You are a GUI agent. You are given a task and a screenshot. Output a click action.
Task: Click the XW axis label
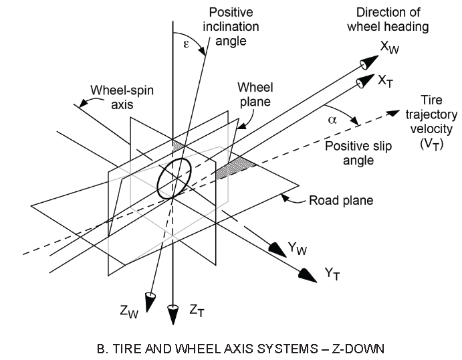[x=390, y=48]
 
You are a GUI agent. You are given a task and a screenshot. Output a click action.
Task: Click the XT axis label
[x=385, y=81]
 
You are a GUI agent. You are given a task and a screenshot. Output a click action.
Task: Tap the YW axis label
[x=298, y=248]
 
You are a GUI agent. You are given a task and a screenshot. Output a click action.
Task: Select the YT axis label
[x=332, y=274]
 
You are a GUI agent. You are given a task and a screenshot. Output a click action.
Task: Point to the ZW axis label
[x=129, y=311]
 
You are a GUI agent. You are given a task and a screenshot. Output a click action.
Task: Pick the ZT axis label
[x=197, y=310]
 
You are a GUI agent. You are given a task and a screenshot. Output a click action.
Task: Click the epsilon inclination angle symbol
[x=186, y=44]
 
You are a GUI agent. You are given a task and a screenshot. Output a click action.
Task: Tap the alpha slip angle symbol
[x=332, y=120]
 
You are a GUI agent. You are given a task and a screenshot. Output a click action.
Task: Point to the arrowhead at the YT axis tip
[x=308, y=276]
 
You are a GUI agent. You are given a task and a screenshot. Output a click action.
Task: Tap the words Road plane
[x=341, y=201]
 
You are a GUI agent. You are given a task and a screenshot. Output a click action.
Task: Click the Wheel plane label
[x=255, y=94]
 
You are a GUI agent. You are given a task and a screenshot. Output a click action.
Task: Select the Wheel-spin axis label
[x=122, y=97]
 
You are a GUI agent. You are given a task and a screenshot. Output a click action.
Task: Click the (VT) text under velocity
[x=432, y=144]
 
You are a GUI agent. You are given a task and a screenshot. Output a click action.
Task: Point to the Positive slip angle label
[x=358, y=153]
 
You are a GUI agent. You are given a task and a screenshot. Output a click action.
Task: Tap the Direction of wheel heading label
[x=388, y=19]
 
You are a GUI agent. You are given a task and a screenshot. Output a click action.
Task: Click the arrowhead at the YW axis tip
[x=277, y=250]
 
